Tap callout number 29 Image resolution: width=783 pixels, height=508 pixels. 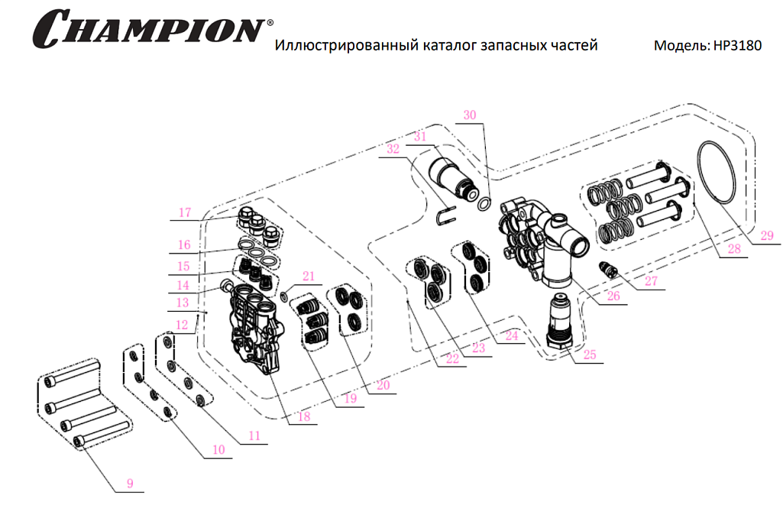pos(766,235)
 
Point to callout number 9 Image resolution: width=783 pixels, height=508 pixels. pos(130,482)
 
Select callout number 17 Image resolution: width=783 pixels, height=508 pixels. pos(184,213)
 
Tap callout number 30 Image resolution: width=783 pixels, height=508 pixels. pos(470,115)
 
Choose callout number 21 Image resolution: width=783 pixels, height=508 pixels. pos(307,275)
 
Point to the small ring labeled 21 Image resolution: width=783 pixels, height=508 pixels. pos(284,296)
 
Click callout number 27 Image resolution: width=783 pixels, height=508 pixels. pos(650,280)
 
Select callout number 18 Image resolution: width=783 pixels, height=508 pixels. pos(304,416)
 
